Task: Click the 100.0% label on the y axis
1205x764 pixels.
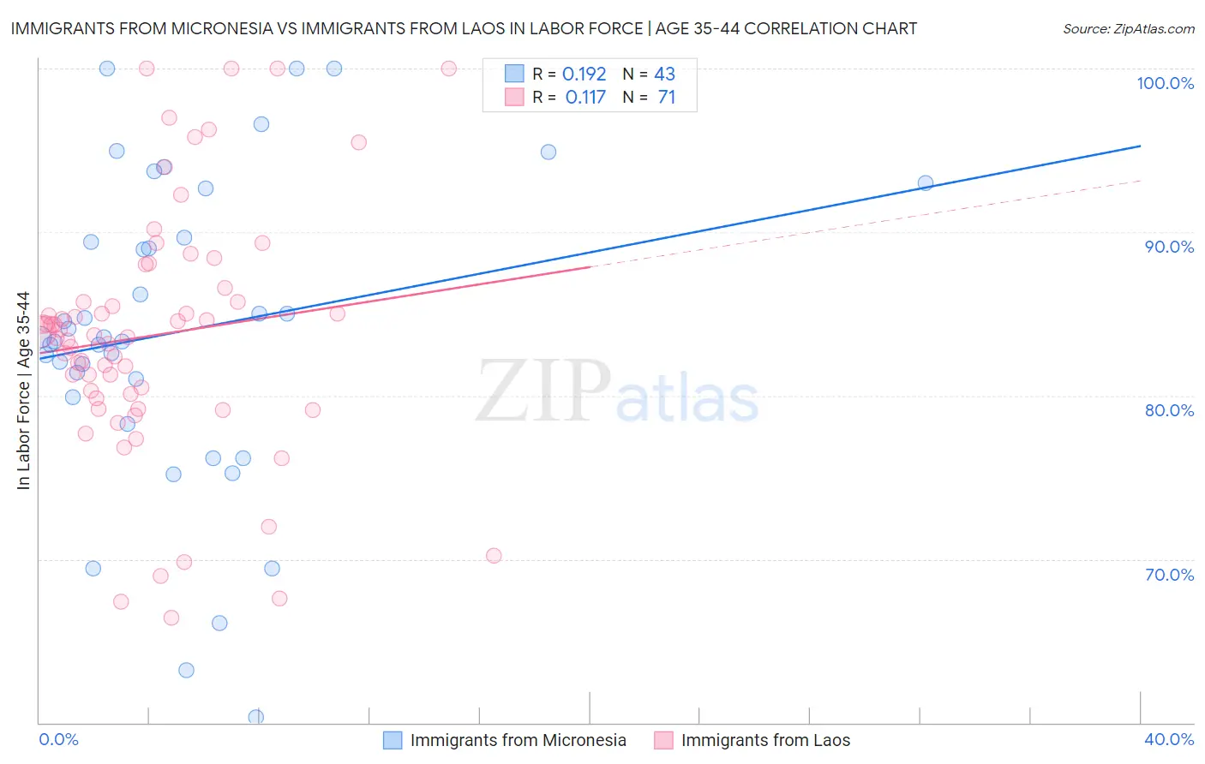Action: [x=1165, y=83]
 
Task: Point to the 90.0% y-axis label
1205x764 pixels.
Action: [x=1169, y=247]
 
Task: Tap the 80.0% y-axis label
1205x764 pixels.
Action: [x=1169, y=410]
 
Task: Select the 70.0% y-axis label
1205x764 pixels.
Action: [x=1169, y=575]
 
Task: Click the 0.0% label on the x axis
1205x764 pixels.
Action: [x=58, y=739]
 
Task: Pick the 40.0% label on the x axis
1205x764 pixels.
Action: [x=1169, y=739]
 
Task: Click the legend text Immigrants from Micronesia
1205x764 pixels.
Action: [x=518, y=740]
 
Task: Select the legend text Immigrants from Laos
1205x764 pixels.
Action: [x=765, y=740]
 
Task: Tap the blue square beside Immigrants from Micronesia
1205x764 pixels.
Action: [x=393, y=740]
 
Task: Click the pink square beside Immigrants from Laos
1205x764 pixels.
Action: [x=663, y=740]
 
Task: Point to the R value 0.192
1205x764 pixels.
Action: [x=584, y=75]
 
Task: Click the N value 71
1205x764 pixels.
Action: [x=666, y=98]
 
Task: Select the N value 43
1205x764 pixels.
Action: [x=664, y=75]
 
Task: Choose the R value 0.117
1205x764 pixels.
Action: [x=585, y=98]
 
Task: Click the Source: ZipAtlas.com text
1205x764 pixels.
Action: [x=1128, y=29]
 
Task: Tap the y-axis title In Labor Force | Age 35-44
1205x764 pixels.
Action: [x=23, y=391]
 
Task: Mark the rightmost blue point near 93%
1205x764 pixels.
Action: [x=926, y=182]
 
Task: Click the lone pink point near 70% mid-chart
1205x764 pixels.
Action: [x=494, y=556]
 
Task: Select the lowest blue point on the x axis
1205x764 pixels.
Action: [x=256, y=717]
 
